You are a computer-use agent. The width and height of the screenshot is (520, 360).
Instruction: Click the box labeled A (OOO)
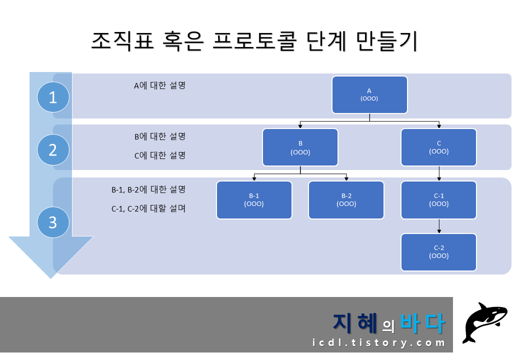tap(369, 95)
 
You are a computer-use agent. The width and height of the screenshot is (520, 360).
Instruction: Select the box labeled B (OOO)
tap(300, 147)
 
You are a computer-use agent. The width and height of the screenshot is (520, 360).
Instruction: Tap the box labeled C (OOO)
tap(438, 147)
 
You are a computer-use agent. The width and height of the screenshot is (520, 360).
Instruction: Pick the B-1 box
tap(254, 200)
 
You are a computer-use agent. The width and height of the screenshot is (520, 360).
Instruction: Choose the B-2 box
tap(346, 200)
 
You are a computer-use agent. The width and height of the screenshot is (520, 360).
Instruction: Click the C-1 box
tap(438, 200)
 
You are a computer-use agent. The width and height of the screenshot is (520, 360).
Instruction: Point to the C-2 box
tap(438, 252)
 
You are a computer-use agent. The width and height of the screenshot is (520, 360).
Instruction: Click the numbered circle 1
tap(53, 97)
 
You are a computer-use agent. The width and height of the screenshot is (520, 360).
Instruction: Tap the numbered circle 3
tap(53, 222)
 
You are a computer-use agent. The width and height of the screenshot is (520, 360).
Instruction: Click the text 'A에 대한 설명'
tap(159, 85)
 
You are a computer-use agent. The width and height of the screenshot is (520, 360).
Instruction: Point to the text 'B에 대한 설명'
tap(159, 136)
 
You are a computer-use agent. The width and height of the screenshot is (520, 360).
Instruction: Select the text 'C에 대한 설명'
tap(159, 155)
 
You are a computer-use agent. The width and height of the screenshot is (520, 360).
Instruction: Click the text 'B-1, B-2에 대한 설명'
tap(148, 189)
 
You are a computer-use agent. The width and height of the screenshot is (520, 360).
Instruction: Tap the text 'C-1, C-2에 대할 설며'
tap(148, 208)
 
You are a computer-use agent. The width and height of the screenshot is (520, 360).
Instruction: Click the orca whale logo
tap(485, 322)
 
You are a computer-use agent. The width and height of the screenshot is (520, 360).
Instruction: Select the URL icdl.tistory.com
tap(378, 343)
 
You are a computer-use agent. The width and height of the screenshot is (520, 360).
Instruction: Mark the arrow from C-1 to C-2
tap(439, 226)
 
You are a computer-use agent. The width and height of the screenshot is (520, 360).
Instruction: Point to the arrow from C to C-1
tap(439, 173)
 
